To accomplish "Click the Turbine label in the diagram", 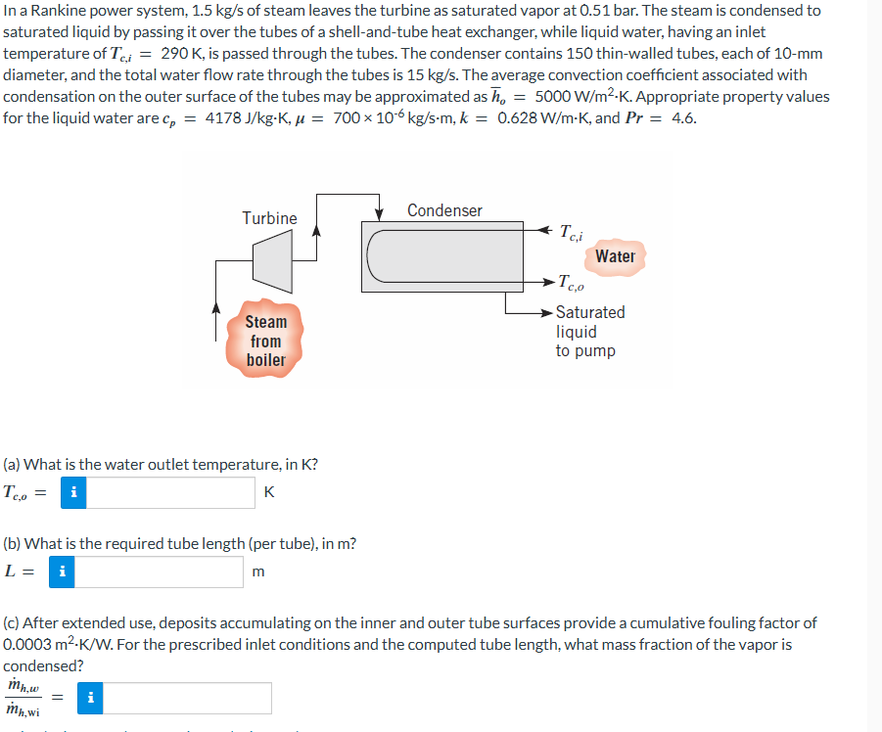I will (x=269, y=218).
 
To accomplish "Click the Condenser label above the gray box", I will (x=444, y=210).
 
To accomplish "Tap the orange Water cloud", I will (x=615, y=256).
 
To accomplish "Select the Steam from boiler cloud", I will (x=266, y=341).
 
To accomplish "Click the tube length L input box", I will (x=159, y=572).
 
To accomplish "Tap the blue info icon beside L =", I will (x=62, y=572).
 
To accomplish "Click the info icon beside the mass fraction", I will (x=90, y=698).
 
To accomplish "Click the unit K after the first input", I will (x=269, y=492).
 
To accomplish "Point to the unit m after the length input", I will (x=257, y=572).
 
